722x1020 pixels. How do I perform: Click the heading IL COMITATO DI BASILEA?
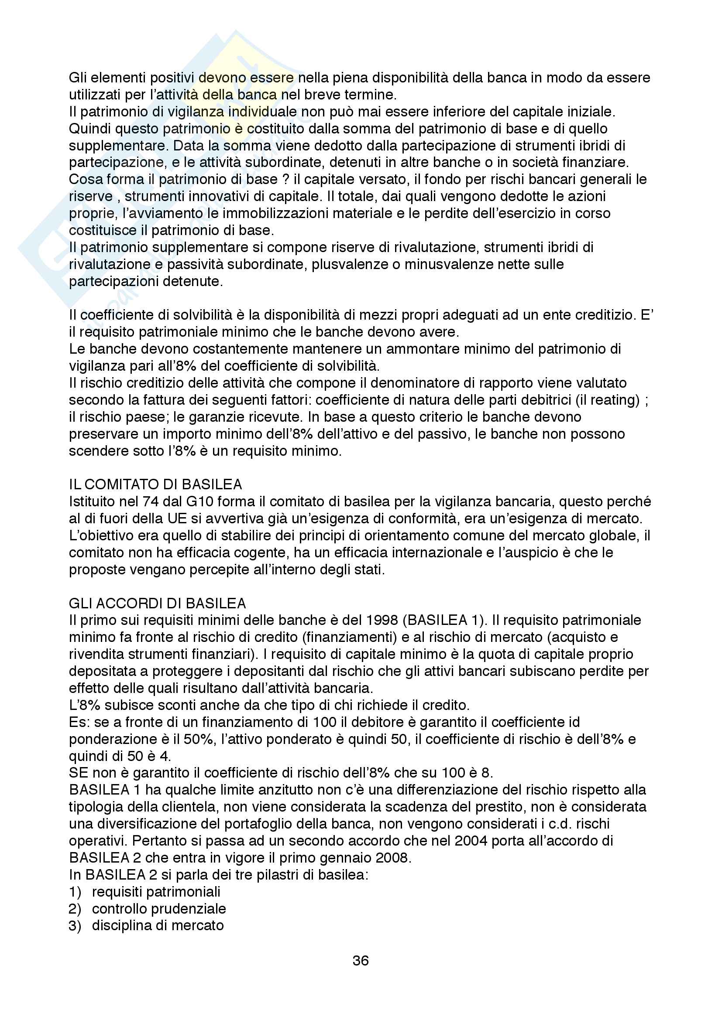(x=155, y=484)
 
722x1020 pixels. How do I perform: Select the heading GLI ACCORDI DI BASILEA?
(x=158, y=603)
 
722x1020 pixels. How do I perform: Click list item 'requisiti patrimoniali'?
(x=156, y=892)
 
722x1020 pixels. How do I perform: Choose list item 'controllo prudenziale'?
(x=159, y=908)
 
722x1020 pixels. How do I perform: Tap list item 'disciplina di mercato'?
(x=158, y=925)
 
